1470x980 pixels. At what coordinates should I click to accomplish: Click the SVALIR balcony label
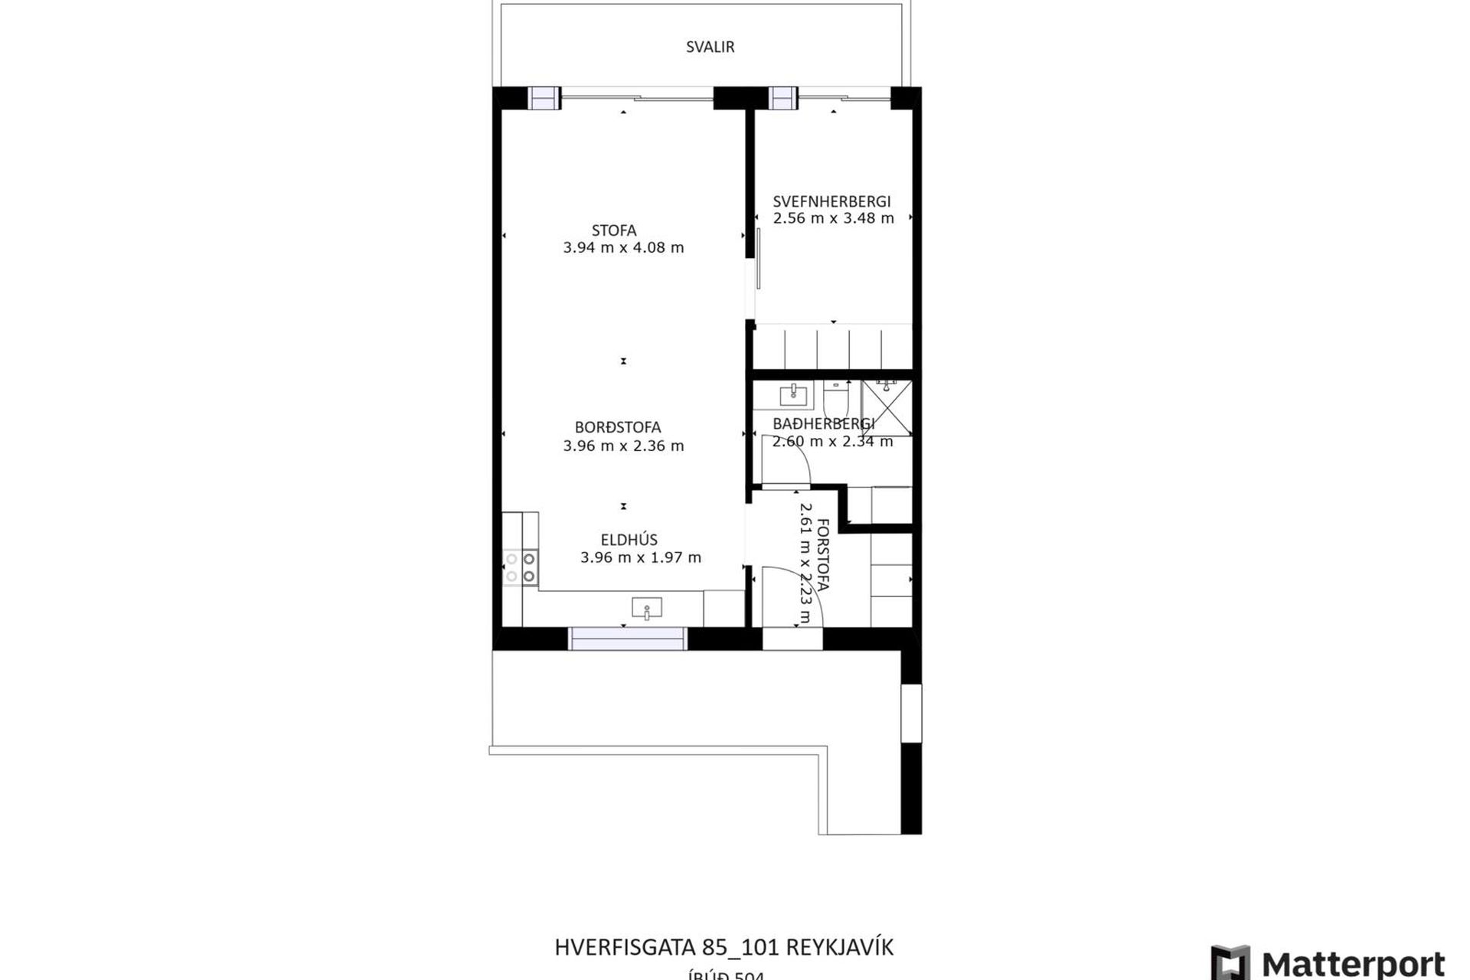[710, 47]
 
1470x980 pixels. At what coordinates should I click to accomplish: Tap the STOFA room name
[614, 230]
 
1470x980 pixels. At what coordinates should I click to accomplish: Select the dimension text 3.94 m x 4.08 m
[623, 247]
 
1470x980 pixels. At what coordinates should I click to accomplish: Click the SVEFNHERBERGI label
[831, 201]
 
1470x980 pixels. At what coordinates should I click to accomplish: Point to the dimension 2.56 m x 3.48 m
[833, 218]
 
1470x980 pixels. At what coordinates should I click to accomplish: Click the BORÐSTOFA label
[618, 427]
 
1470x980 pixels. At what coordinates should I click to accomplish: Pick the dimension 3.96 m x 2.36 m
[623, 446]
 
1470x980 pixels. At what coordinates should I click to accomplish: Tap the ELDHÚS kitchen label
[629, 540]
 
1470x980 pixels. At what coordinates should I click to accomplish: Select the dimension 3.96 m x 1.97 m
[640, 557]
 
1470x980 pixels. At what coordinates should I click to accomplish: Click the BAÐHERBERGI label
[823, 423]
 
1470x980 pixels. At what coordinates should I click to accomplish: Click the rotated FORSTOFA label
[823, 554]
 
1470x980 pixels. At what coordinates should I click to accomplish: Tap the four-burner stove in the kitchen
[521, 567]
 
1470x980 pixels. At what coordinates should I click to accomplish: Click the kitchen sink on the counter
[647, 609]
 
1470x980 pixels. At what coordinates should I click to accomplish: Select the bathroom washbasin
[794, 394]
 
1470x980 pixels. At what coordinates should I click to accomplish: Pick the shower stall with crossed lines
[887, 407]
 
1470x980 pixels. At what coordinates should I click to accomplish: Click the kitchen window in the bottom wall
[627, 639]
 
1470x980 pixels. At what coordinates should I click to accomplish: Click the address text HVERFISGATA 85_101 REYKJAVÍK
[724, 947]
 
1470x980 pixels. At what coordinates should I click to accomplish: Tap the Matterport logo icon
[1230, 962]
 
